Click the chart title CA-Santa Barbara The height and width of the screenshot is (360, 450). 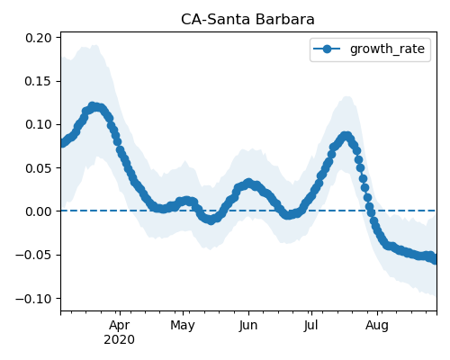click(x=247, y=20)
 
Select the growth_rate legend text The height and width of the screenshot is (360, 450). click(x=387, y=49)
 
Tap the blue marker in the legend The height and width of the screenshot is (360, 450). click(x=327, y=49)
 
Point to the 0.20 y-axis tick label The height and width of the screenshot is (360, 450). click(x=39, y=38)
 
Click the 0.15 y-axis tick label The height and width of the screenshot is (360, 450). click(x=39, y=81)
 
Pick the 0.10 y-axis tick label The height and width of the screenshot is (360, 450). click(x=39, y=124)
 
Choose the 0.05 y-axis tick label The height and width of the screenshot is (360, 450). click(x=39, y=168)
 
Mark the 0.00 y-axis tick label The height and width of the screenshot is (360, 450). click(x=39, y=211)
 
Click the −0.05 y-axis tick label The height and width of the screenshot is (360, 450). click(x=33, y=255)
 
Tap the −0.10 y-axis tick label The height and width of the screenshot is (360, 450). click(x=33, y=299)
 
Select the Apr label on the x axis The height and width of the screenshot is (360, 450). click(x=120, y=326)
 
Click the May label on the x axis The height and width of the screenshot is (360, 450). click(x=183, y=326)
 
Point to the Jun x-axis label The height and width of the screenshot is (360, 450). click(x=248, y=326)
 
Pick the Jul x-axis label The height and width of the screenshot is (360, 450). click(x=311, y=326)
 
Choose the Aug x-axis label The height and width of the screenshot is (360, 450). click(x=377, y=326)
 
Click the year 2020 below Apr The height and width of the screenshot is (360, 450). click(x=120, y=340)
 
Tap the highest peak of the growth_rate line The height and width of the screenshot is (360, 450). click(x=93, y=106)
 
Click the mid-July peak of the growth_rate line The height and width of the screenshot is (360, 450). click(x=346, y=136)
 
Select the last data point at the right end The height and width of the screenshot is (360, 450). click(x=435, y=260)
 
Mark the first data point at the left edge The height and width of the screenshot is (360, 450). click(x=62, y=143)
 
